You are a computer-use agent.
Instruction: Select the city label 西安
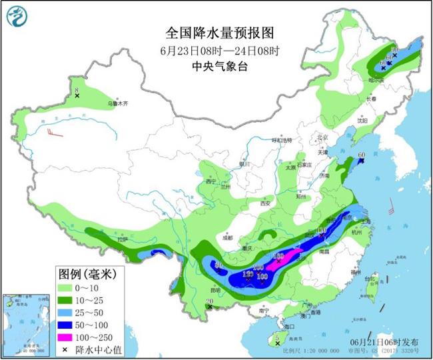[x=266, y=203]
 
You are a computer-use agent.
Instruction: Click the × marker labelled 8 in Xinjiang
[x=77, y=96]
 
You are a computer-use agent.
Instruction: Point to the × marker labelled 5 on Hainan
[x=276, y=344]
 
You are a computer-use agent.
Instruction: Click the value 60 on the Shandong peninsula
[x=362, y=156]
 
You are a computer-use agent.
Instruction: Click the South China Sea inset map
[x=25, y=324]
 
